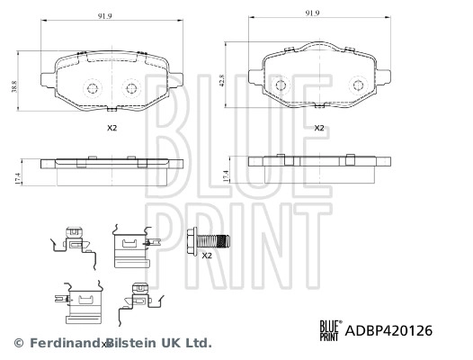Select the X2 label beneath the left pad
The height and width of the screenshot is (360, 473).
pyautogui.click(x=112, y=129)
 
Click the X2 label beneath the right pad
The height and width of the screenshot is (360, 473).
pyautogui.click(x=318, y=128)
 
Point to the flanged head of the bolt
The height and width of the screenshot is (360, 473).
pyautogui.click(x=192, y=240)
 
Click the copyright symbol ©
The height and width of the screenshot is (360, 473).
pyautogui.click(x=16, y=343)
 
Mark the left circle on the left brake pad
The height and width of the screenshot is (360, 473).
pyautogui.click(x=93, y=88)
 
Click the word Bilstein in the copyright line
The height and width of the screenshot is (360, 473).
pyautogui.click(x=131, y=343)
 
